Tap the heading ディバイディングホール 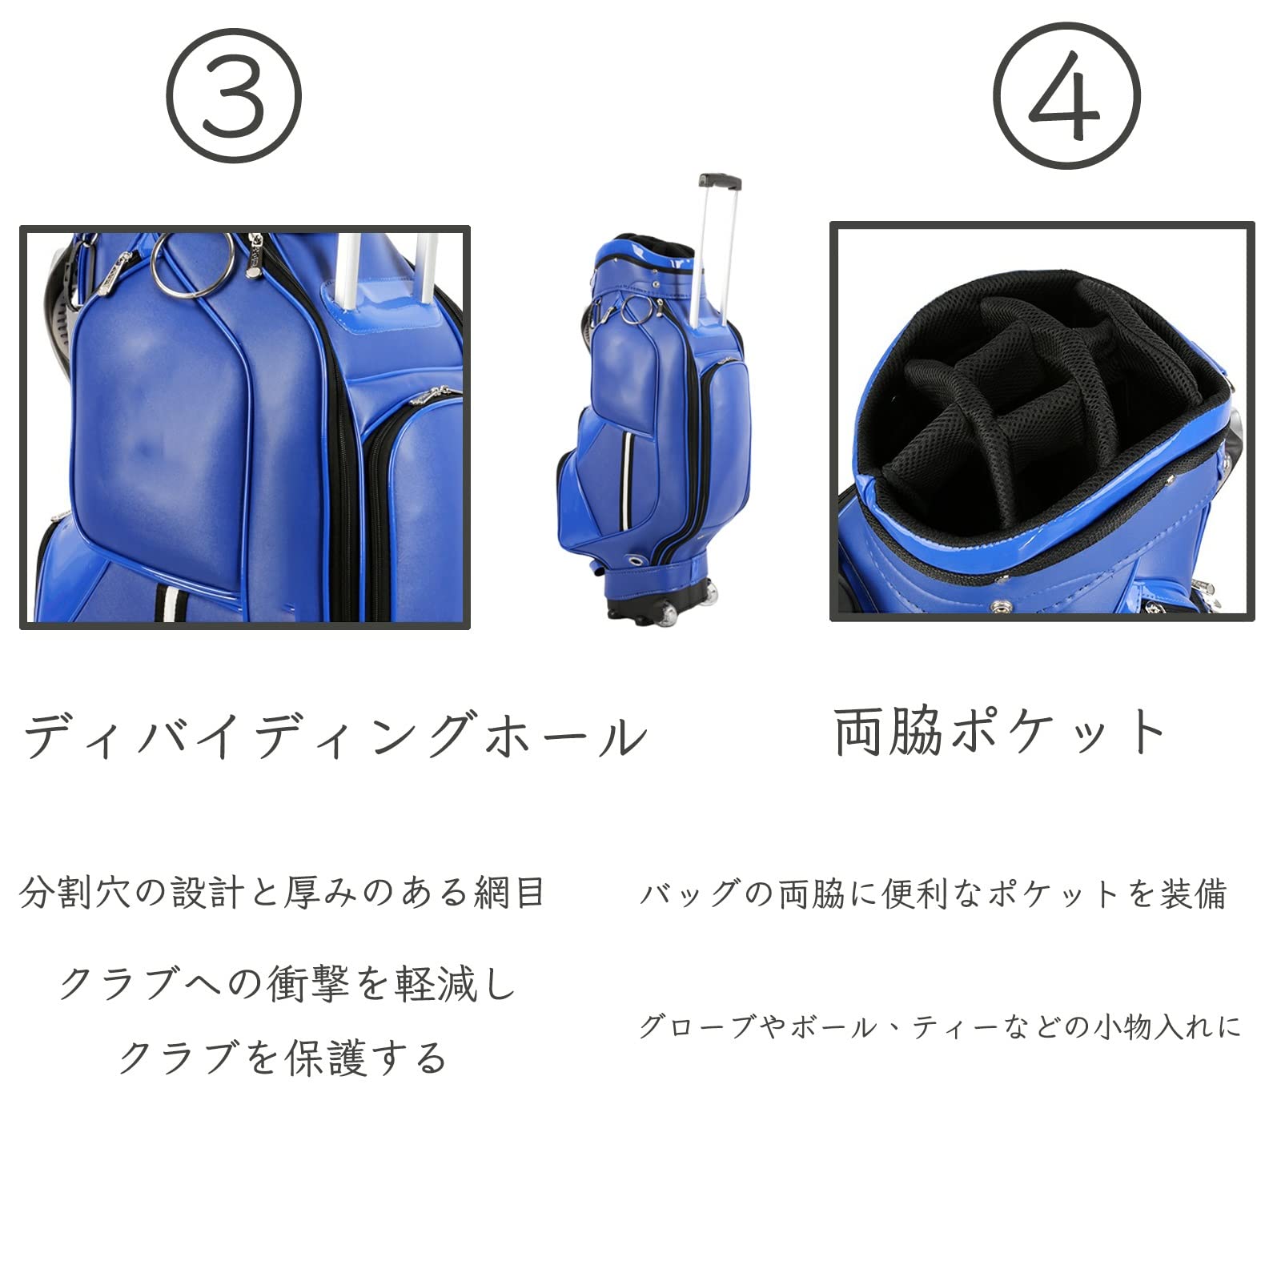335,734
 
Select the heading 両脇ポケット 1000,731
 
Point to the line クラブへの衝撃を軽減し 288,984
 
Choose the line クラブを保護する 282,1058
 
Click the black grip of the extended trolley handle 719,181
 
